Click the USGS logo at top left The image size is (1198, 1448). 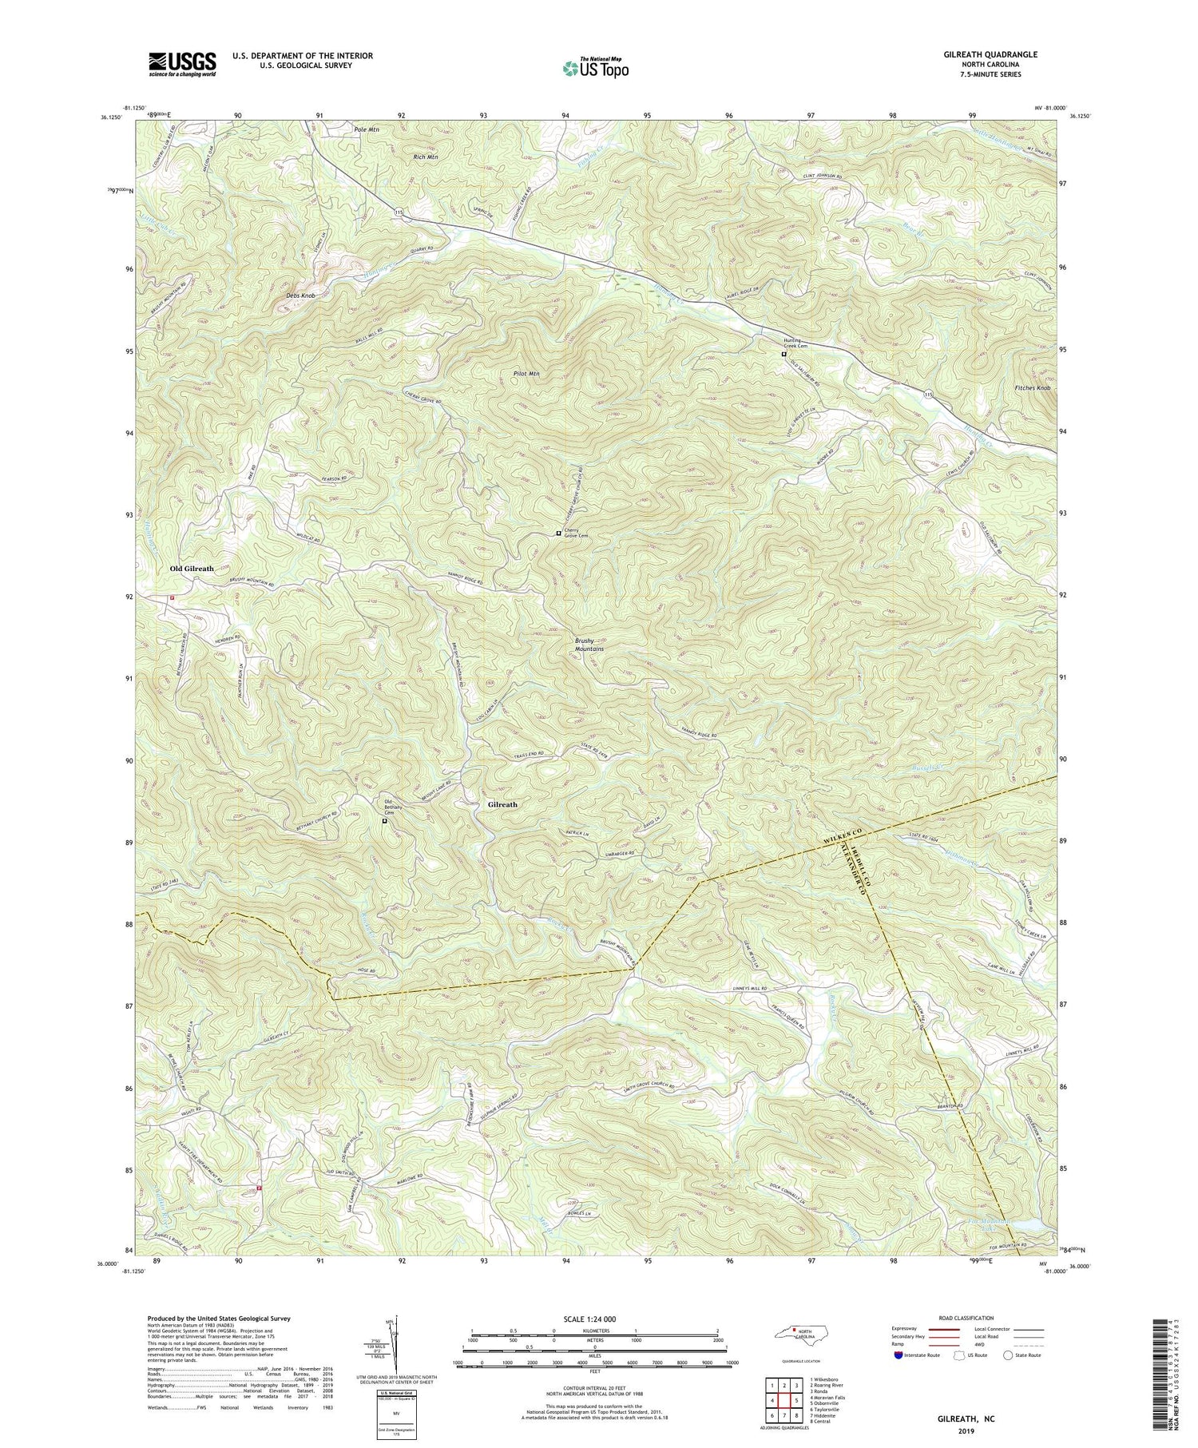coord(182,64)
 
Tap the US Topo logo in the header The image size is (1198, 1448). coord(594,68)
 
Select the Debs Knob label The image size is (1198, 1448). coord(301,296)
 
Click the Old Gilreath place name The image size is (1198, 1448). coord(192,569)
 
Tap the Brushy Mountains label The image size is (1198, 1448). coord(589,645)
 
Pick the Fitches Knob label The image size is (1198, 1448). coord(1032,388)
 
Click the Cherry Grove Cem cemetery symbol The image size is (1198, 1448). coord(558,534)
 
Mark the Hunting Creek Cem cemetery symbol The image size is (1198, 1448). coord(783,354)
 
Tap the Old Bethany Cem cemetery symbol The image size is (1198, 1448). coord(384,820)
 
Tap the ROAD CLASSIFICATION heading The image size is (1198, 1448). coord(966,1318)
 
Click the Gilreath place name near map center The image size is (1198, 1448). coord(502,805)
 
